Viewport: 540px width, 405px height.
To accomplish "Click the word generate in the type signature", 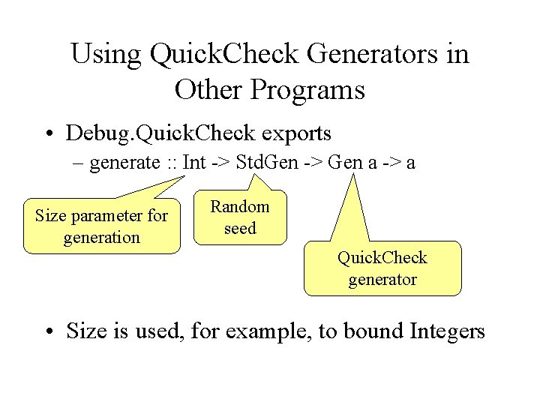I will [x=124, y=163].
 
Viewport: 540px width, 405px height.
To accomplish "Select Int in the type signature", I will [x=193, y=163].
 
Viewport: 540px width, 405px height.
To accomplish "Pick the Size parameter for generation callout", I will [x=102, y=226].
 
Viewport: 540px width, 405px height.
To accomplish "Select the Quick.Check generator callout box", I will [x=382, y=268].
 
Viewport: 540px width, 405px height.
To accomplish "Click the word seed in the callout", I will [x=240, y=228].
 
